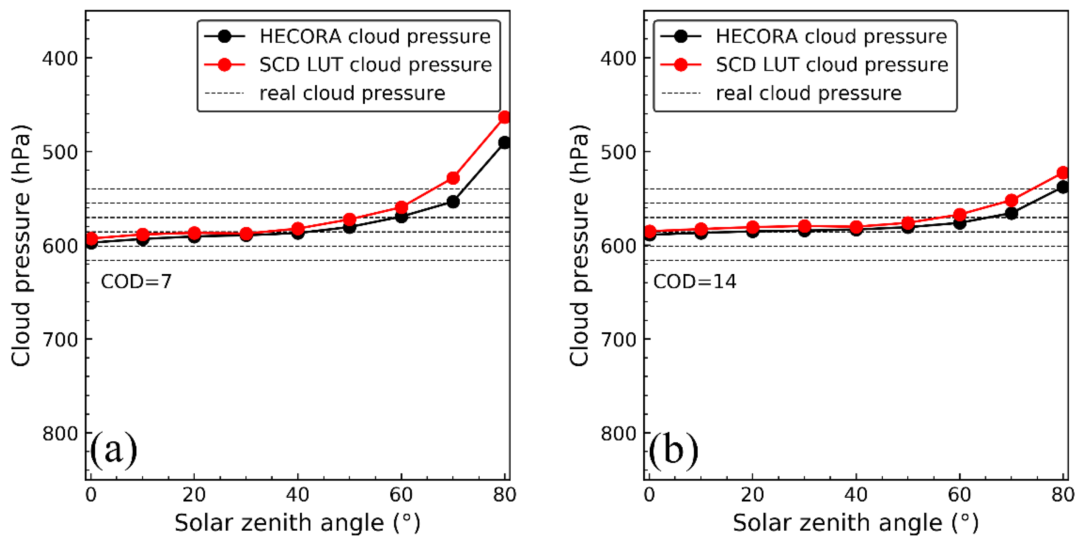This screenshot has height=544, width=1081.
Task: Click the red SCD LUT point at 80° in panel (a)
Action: pyautogui.click(x=504, y=117)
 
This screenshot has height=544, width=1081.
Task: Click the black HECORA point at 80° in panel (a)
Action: pyautogui.click(x=504, y=143)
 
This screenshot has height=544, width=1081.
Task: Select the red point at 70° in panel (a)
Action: pyautogui.click(x=453, y=178)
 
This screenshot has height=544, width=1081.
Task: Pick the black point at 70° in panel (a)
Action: pyautogui.click(x=453, y=202)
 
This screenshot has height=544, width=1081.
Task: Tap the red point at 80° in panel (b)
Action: pyautogui.click(x=1062, y=173)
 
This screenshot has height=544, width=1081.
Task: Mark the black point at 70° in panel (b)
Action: pyautogui.click(x=1011, y=213)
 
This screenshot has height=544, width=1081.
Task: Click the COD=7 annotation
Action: pyautogui.click(x=136, y=281)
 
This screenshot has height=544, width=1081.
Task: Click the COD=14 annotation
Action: pyautogui.click(x=694, y=281)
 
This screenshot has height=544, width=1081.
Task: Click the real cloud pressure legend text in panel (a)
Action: pyautogui.click(x=352, y=93)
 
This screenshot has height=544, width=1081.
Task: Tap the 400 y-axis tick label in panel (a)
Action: pyautogui.click(x=60, y=58)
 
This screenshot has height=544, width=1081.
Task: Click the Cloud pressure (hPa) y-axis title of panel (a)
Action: pyautogui.click(x=21, y=245)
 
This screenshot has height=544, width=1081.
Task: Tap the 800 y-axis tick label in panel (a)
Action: pyautogui.click(x=60, y=433)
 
